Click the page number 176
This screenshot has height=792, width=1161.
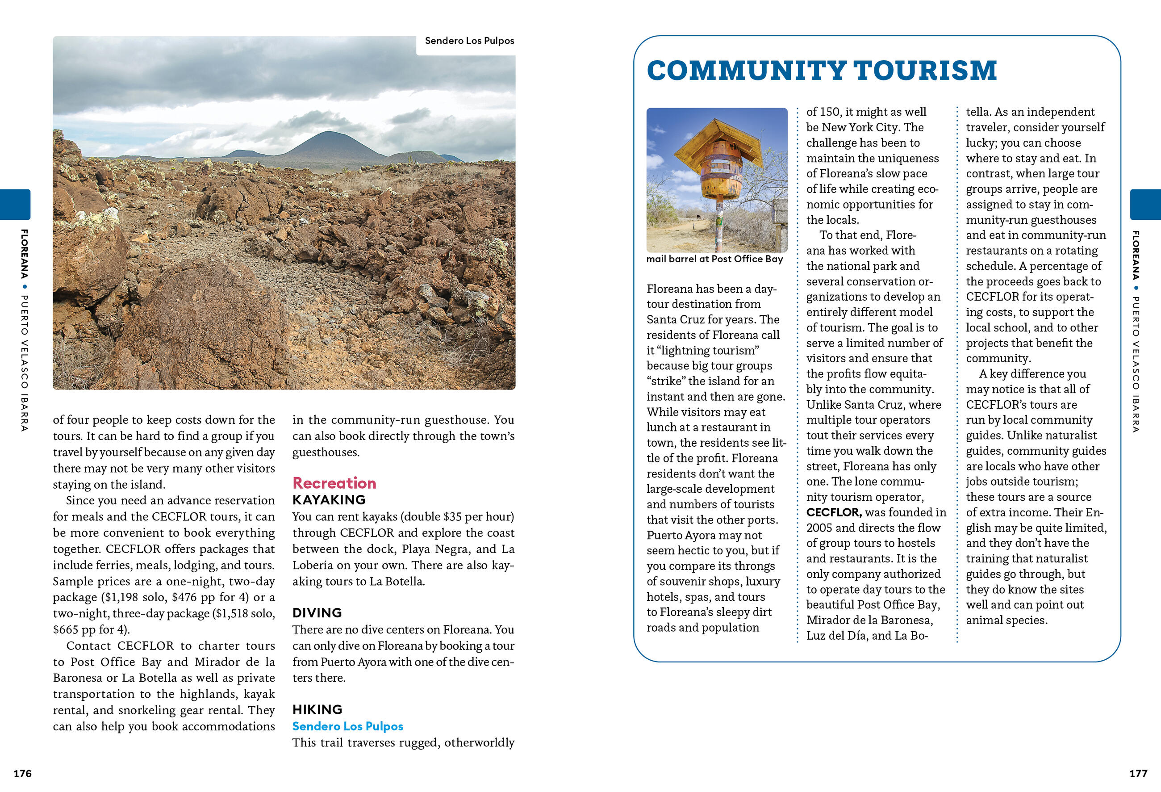[x=22, y=774]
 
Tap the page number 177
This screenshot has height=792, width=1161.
[x=1138, y=774]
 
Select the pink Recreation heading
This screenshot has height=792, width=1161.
[x=334, y=483]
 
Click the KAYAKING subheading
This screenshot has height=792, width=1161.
[x=329, y=500]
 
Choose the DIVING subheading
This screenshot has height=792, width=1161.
[x=317, y=612]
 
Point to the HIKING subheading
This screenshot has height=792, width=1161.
[x=317, y=709]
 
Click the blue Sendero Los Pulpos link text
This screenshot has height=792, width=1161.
[x=348, y=726]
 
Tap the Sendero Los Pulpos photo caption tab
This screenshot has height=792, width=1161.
[x=469, y=41]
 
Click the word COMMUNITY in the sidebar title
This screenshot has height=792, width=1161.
[x=746, y=71]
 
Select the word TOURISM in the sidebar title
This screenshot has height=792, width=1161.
[x=925, y=71]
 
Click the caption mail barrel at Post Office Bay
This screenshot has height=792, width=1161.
[x=714, y=259]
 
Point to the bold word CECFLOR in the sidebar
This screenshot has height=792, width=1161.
[x=833, y=512]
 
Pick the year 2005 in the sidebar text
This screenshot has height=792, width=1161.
[x=819, y=528]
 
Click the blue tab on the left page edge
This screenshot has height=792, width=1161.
[x=15, y=205]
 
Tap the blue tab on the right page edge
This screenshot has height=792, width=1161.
[x=1145, y=205]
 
